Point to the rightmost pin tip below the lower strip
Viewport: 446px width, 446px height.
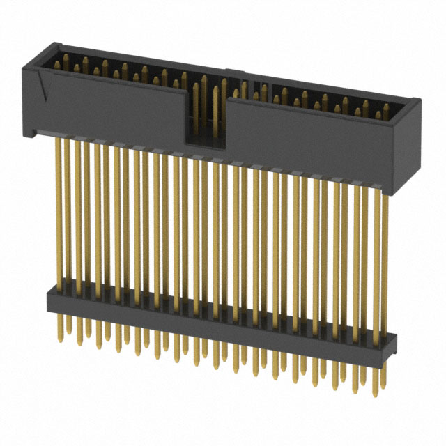(x=380, y=387)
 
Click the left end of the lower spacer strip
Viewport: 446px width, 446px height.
(x=50, y=299)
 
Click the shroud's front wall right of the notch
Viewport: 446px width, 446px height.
(x=314, y=143)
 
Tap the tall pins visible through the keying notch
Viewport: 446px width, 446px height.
(x=206, y=105)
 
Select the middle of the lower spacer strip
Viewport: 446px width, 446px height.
(x=220, y=321)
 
